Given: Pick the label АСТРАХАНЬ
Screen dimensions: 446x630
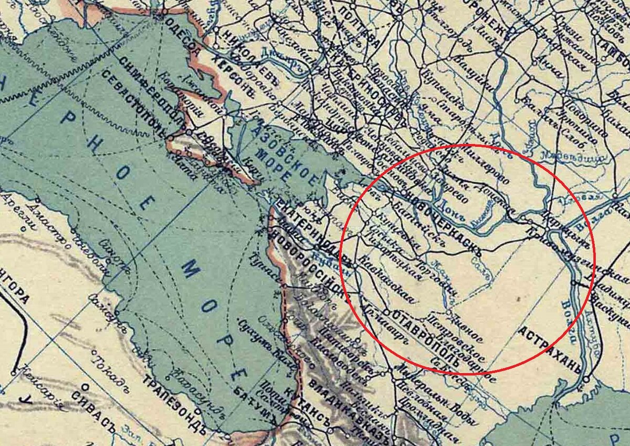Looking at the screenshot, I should click(551, 349).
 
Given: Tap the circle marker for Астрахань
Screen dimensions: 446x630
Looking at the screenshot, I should click(586, 378).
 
